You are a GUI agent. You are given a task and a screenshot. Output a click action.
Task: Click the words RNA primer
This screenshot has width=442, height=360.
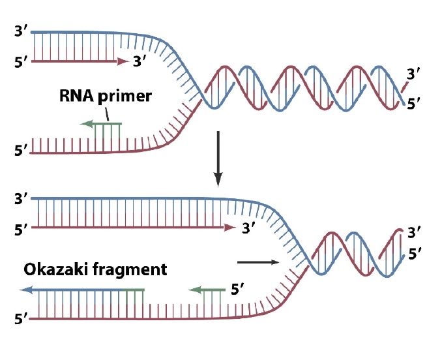pyautogui.click(x=105, y=97)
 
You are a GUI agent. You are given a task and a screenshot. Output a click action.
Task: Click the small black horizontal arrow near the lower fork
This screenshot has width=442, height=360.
pyautogui.click(x=259, y=262)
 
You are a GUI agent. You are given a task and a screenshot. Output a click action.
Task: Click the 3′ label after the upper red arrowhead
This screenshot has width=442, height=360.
pyautogui.click(x=140, y=62)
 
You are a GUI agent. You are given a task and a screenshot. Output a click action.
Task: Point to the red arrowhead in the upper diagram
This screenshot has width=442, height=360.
pyautogui.click(x=122, y=62)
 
